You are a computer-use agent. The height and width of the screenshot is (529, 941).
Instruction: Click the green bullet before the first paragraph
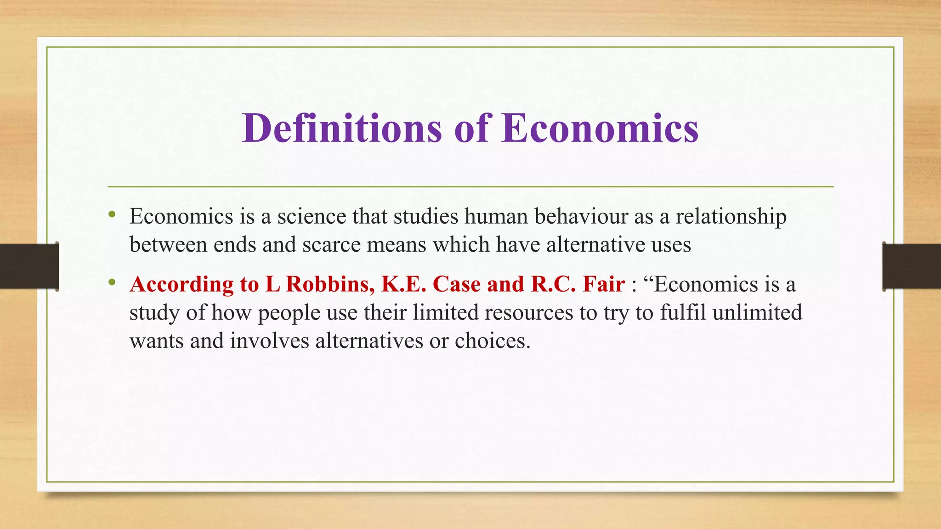pyautogui.click(x=112, y=214)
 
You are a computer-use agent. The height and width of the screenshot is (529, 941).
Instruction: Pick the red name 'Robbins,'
pyautogui.click(x=330, y=284)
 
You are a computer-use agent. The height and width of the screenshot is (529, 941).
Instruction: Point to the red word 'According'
pyautogui.click(x=181, y=285)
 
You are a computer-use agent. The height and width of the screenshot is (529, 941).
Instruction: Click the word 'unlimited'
pyautogui.click(x=757, y=312)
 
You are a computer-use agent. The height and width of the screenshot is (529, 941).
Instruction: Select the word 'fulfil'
pyautogui.click(x=683, y=312)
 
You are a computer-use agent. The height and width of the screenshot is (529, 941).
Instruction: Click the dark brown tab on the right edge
pyautogui.click(x=912, y=266)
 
